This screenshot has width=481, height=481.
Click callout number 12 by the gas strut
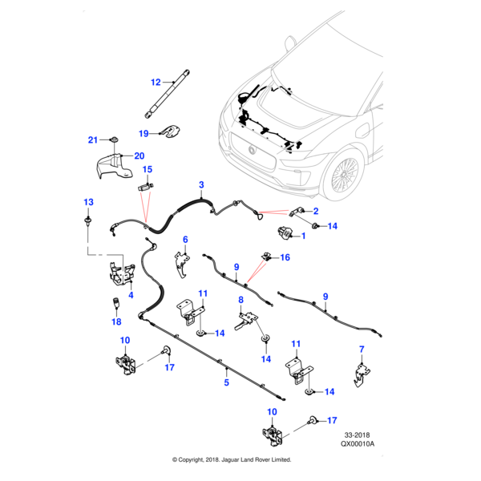[x=156, y=82]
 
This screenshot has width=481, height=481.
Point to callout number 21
[x=92, y=140]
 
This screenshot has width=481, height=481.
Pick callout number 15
[x=147, y=169]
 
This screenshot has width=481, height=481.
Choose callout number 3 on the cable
[x=201, y=185]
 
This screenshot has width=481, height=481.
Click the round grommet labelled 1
[x=285, y=233]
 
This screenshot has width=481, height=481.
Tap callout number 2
[x=316, y=212]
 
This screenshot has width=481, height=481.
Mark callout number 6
[x=185, y=239]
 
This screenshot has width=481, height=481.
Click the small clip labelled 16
[x=265, y=257]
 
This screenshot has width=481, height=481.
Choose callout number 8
[x=240, y=300]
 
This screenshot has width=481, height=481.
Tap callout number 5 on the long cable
[x=226, y=383]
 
